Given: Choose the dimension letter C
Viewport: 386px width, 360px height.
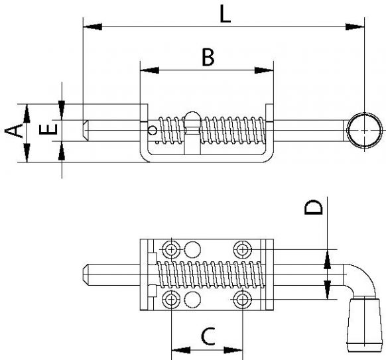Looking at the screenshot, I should coord(208,337).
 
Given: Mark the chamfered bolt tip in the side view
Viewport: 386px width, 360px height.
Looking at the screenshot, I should coord(87,130).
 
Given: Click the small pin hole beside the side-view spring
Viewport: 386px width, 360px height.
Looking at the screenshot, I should coord(153,131).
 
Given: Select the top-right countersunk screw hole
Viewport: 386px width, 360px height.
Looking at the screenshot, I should coord(242,249).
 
